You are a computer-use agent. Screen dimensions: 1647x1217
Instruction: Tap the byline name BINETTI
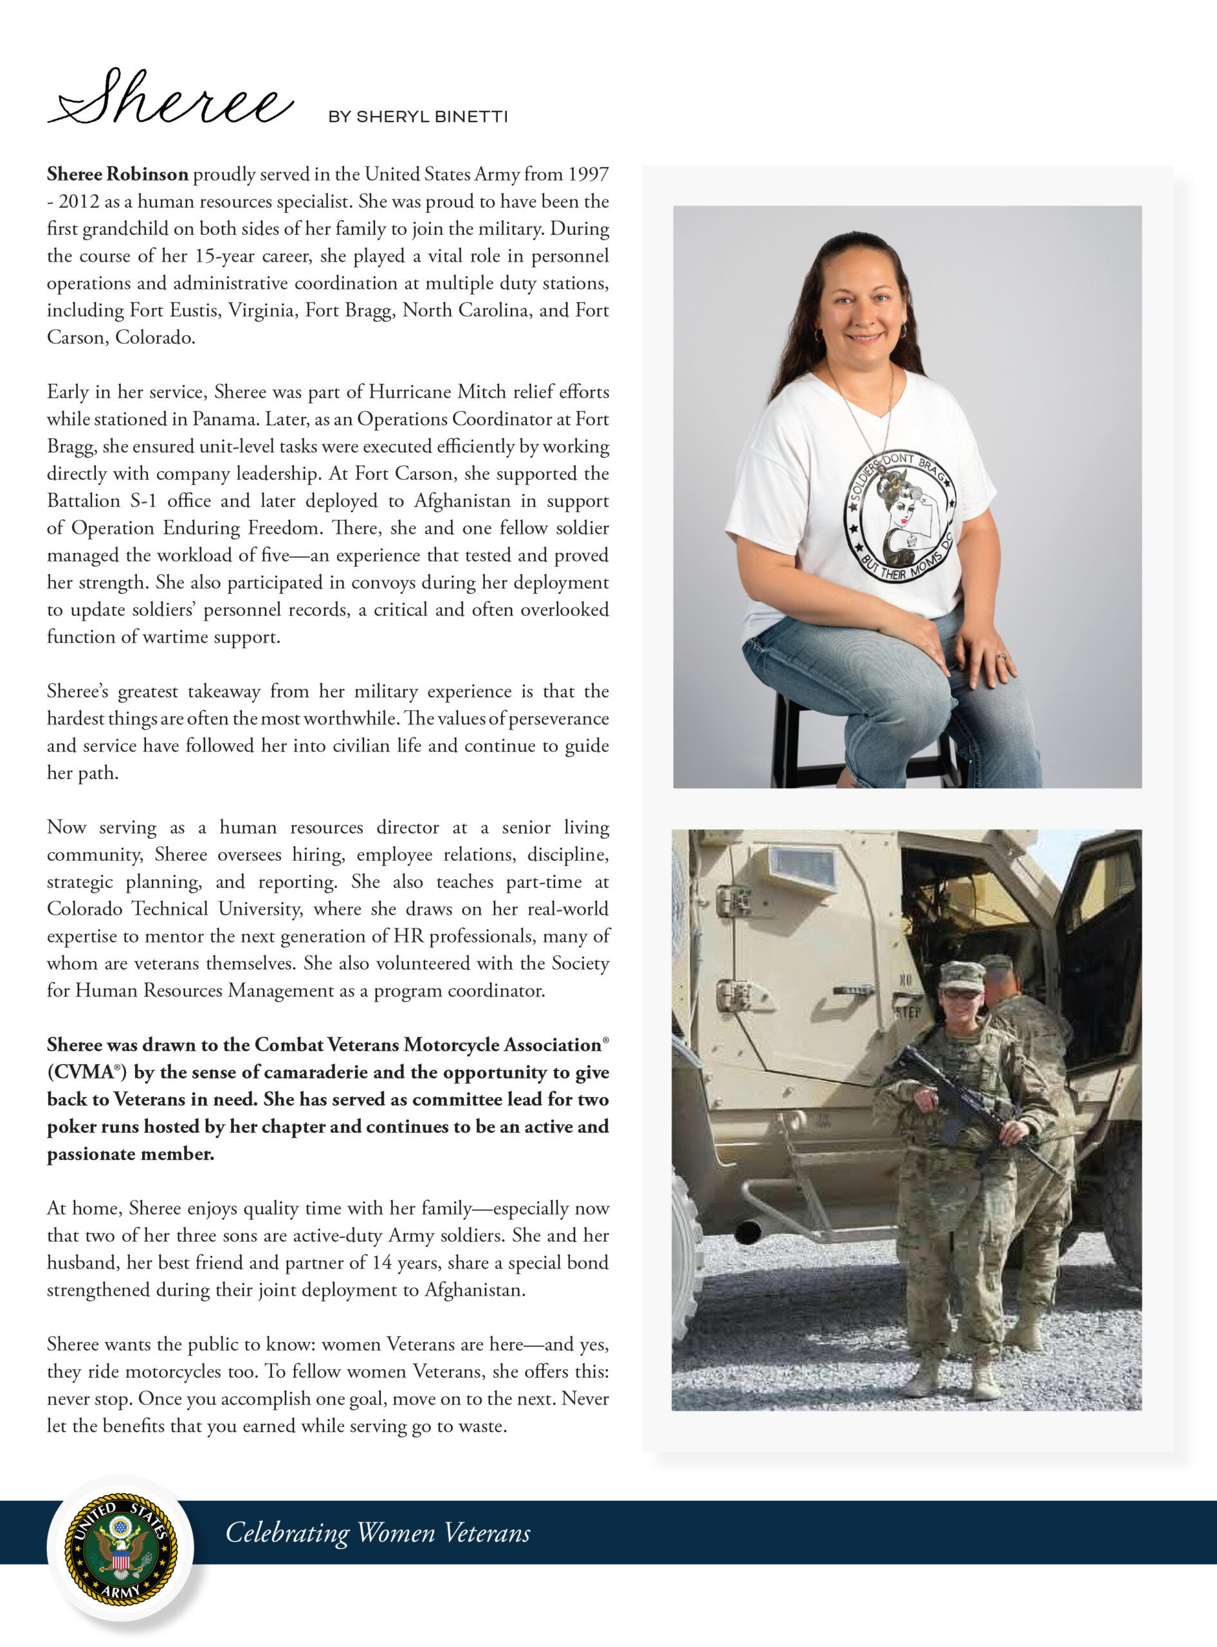(471, 117)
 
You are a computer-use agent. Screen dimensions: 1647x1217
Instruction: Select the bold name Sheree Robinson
(118, 174)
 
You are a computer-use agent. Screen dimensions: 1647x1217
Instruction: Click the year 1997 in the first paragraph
(588, 174)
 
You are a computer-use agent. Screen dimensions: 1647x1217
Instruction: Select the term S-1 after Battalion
(143, 501)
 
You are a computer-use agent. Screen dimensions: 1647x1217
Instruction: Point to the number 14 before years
(381, 1263)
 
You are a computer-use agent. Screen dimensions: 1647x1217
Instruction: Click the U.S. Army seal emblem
(122, 1547)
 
